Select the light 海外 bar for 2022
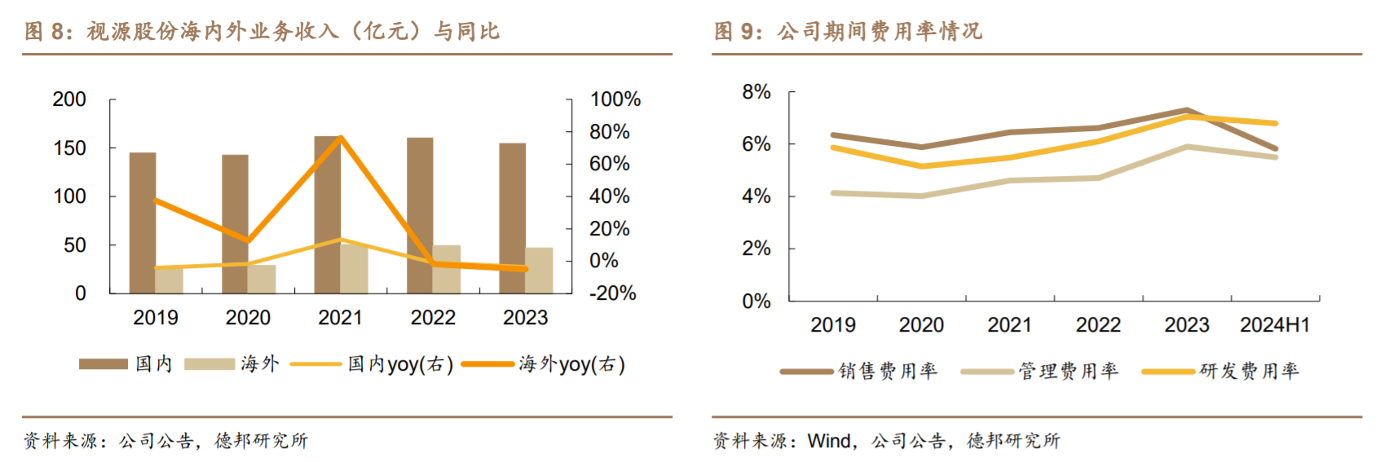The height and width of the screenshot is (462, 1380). click(446, 269)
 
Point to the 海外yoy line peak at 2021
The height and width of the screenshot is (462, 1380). click(341, 138)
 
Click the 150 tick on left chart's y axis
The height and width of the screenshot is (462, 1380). click(69, 148)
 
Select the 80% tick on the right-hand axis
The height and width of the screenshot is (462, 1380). click(610, 132)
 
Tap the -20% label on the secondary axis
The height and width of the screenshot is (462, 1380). click(613, 293)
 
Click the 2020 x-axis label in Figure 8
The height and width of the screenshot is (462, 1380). click(248, 318)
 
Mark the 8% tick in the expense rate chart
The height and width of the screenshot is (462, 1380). click(756, 92)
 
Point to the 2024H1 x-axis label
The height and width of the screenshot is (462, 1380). click(1275, 325)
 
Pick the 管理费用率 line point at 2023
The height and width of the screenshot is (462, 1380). click(1187, 147)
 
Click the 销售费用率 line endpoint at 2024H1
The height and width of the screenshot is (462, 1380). click(1275, 149)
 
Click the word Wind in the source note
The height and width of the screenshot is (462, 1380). click(829, 441)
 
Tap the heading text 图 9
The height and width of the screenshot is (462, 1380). click(737, 32)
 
